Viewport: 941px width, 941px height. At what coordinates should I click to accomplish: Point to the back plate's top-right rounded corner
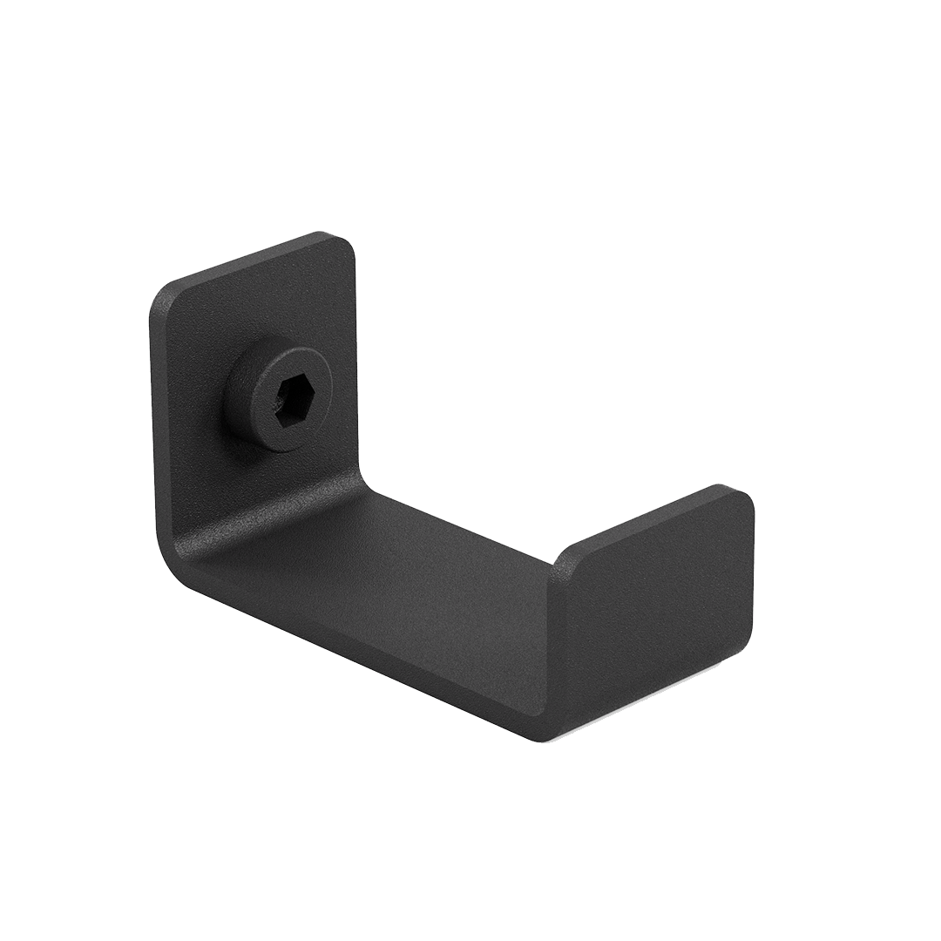(x=347, y=243)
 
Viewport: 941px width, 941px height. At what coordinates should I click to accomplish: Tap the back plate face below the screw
(x=261, y=488)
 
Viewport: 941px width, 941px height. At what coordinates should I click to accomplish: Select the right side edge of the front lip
(x=752, y=575)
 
